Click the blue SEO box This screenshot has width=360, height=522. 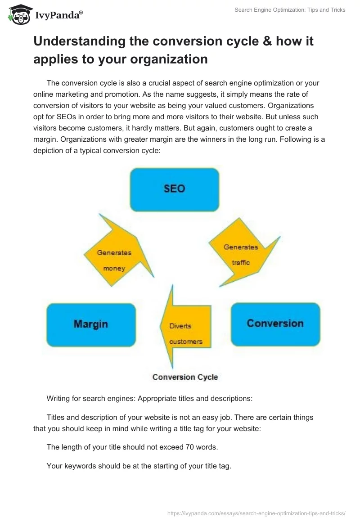(x=175, y=190)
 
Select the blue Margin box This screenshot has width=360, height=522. (x=91, y=325)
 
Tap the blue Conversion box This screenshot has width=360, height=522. (x=275, y=324)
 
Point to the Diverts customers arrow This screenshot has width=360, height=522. (x=185, y=327)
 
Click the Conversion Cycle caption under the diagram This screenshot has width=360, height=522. (x=185, y=377)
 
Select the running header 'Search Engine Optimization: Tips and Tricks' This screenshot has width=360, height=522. (x=290, y=10)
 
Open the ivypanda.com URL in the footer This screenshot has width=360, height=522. (x=256, y=513)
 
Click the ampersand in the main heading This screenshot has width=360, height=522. (x=267, y=41)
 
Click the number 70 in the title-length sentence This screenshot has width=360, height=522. (x=189, y=447)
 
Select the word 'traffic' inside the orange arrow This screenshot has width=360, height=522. (x=241, y=263)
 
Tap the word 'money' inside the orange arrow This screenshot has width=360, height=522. (x=114, y=269)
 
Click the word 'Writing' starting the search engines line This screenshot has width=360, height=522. (x=58, y=399)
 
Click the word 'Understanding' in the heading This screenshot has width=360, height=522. (x=80, y=42)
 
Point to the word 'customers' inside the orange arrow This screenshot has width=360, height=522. (x=186, y=342)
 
